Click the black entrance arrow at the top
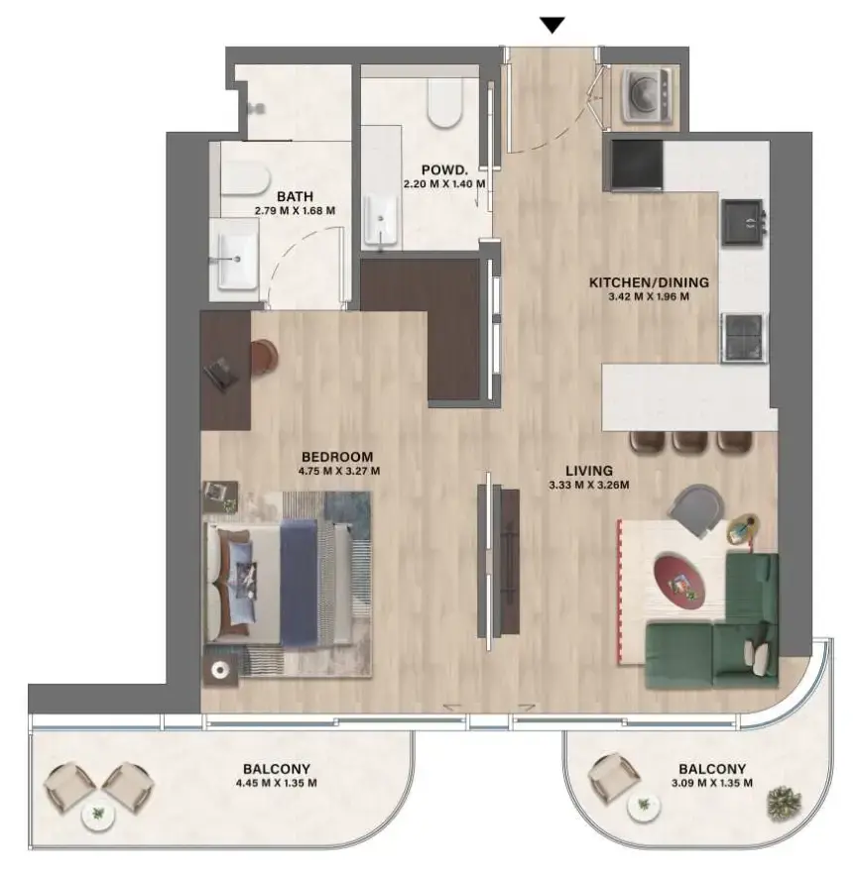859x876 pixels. (553, 26)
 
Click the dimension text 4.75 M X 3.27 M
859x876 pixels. (340, 471)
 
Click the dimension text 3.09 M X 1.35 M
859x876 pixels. (712, 783)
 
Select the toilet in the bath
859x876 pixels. (243, 178)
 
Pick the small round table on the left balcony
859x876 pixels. (97, 816)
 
